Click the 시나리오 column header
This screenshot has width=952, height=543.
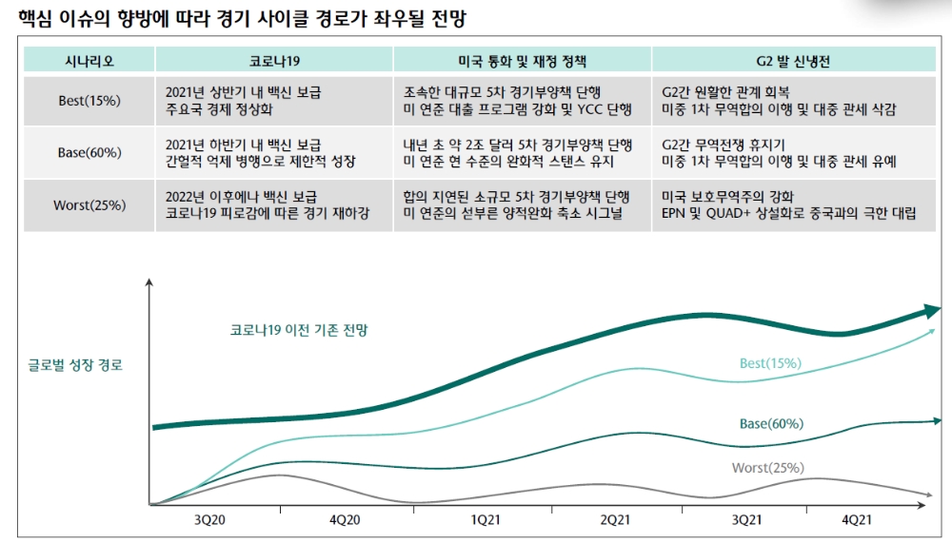pyautogui.click(x=89, y=60)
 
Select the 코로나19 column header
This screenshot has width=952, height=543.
pyautogui.click(x=274, y=60)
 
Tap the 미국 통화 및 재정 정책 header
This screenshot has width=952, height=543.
pyautogui.click(x=523, y=60)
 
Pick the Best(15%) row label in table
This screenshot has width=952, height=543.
pyautogui.click(x=89, y=101)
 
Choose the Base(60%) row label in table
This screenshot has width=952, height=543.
pyautogui.click(x=89, y=153)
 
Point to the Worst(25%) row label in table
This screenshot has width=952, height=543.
pyautogui.click(x=89, y=205)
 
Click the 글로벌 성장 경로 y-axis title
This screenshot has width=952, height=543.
pyautogui.click(x=77, y=364)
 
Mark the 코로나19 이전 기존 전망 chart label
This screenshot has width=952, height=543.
pyautogui.click(x=299, y=330)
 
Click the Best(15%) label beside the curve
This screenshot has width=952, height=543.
pyautogui.click(x=770, y=363)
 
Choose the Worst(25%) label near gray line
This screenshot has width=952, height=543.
pyautogui.click(x=767, y=468)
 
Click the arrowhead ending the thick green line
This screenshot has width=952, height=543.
pyautogui.click(x=931, y=311)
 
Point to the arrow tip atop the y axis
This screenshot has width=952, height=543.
pyautogui.click(x=149, y=281)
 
